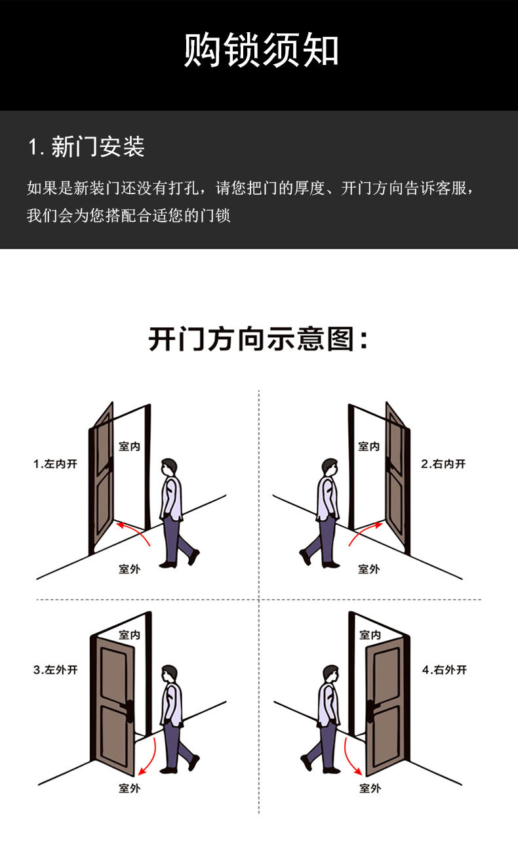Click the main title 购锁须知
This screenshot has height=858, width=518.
click(x=261, y=49)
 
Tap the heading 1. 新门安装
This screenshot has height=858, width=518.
click(x=87, y=146)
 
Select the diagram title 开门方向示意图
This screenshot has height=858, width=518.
click(x=258, y=338)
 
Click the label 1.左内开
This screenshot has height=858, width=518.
click(x=56, y=464)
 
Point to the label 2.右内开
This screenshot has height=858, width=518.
click(x=443, y=464)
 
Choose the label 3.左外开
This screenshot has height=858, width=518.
click(x=56, y=670)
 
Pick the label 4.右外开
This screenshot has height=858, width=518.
click(x=445, y=670)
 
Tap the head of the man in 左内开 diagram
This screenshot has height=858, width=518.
click(x=169, y=467)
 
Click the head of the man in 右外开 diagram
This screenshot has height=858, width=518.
click(x=330, y=674)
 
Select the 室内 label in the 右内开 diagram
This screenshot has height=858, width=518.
click(x=369, y=446)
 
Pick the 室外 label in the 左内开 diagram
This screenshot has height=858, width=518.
click(x=129, y=569)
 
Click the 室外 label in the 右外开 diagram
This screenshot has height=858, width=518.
click(x=370, y=788)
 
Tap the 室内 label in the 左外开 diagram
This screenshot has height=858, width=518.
click(x=129, y=635)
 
